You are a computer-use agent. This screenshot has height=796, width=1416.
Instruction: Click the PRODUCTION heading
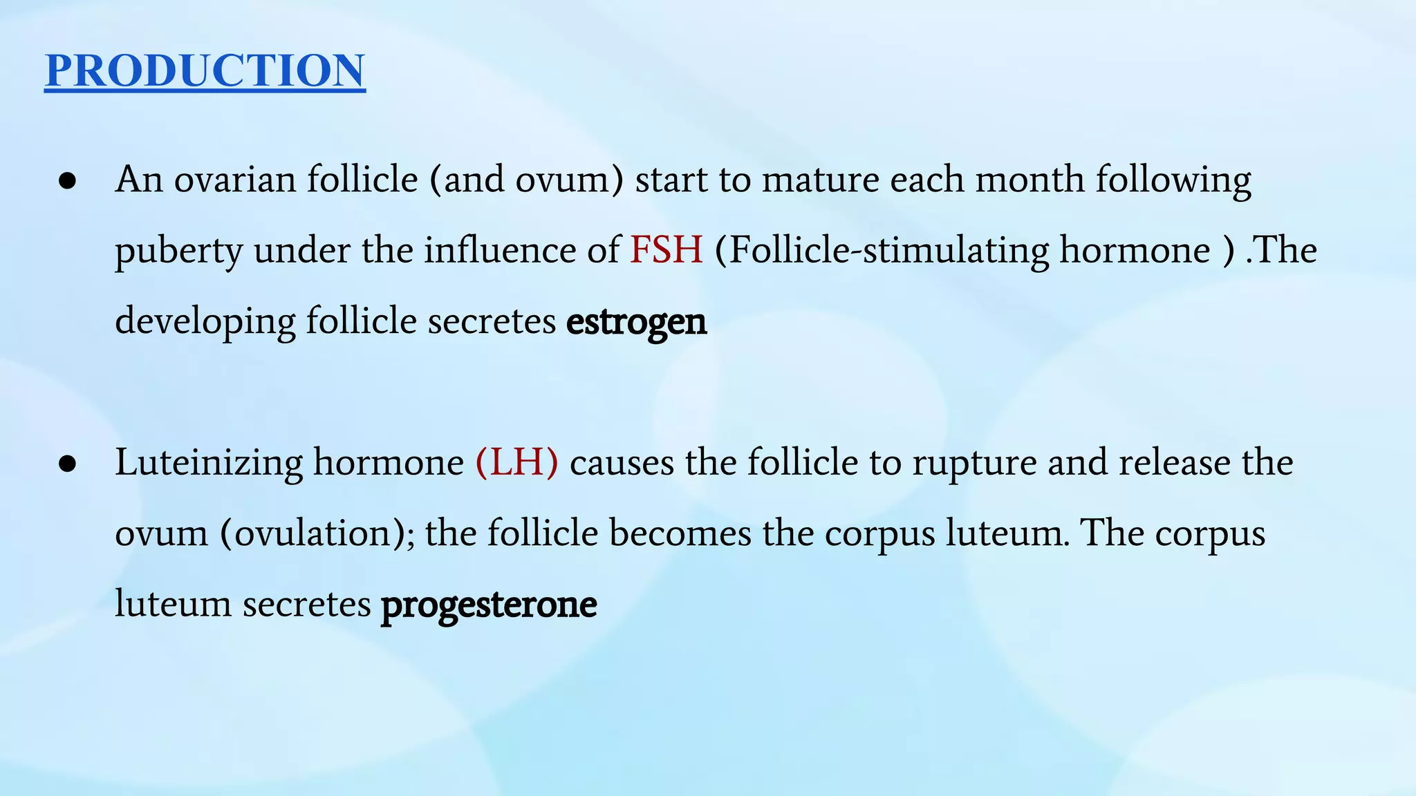coord(205,70)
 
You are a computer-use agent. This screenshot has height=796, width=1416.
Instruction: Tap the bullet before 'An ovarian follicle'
coord(67,182)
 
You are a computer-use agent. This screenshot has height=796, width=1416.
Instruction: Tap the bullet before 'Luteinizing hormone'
coord(67,464)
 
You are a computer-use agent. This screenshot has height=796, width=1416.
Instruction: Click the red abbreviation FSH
coord(666,250)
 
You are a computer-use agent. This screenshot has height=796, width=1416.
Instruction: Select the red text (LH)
coord(516,462)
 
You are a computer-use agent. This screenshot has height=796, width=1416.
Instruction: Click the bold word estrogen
coord(636,322)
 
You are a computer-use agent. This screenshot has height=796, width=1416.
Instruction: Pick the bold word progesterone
coord(489,605)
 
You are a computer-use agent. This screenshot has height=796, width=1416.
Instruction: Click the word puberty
coord(178,252)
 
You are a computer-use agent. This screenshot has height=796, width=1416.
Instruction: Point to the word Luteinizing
coord(209,463)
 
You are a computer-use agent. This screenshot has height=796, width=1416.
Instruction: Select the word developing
coord(205,322)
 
